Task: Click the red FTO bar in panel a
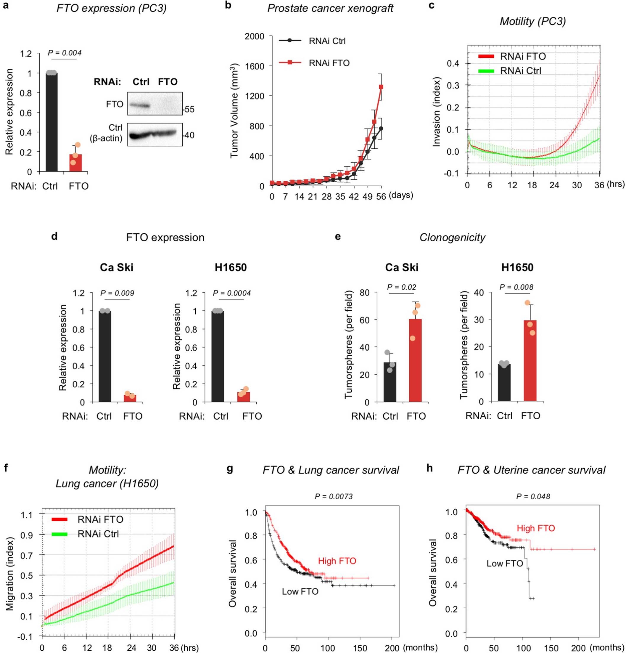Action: click(75, 163)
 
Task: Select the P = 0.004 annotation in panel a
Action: click(65, 53)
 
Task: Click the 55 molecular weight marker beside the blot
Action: click(189, 109)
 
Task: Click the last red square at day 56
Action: click(381, 87)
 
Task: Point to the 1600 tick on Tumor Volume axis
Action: click(255, 66)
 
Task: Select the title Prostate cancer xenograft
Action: click(330, 8)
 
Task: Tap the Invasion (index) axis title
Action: click(437, 112)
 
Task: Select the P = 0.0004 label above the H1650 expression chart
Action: click(232, 293)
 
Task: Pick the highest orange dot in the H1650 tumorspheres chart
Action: click(527, 303)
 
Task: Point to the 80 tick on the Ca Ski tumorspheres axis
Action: click(365, 293)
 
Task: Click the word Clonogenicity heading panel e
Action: click(452, 238)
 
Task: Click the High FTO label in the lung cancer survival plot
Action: click(337, 561)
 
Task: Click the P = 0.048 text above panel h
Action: click(533, 496)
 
